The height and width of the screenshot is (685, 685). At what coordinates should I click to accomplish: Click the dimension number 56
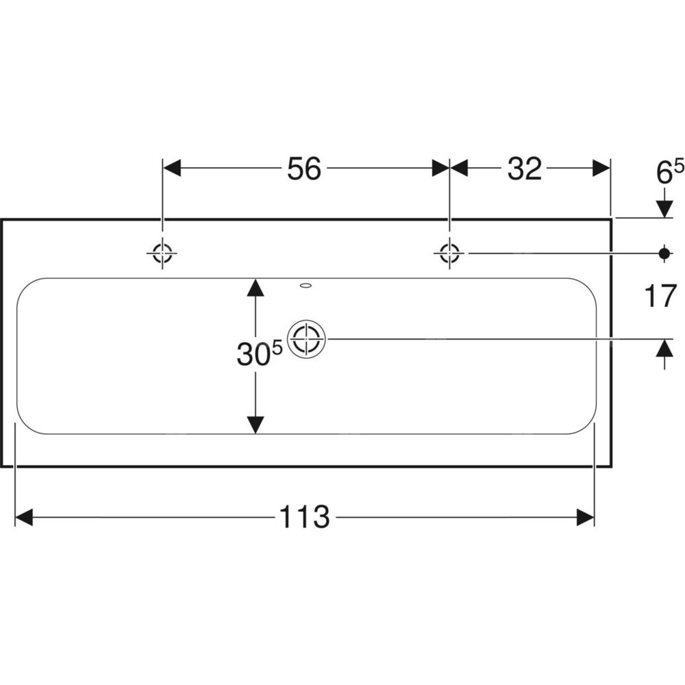point(304,169)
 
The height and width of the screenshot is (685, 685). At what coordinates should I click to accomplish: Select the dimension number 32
point(524,169)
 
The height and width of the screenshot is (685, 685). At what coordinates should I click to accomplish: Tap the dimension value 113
point(304,517)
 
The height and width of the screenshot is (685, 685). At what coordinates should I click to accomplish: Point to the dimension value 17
point(660,297)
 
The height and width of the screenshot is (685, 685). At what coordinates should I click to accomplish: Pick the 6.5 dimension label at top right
point(669,172)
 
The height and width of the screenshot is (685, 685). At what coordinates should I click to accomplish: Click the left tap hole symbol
point(162,253)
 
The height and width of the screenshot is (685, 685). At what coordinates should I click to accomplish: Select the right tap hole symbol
point(449,253)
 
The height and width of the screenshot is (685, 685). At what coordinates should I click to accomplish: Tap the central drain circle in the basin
point(306,339)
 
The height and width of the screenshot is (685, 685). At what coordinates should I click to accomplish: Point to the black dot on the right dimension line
point(663,253)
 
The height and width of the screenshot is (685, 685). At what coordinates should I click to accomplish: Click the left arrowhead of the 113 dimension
point(24,517)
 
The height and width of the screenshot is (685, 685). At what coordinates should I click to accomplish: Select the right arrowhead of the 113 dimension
point(586,517)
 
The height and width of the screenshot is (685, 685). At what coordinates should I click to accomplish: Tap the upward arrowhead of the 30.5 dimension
point(256,287)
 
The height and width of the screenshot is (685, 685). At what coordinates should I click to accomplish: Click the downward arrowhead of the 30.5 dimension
point(256,425)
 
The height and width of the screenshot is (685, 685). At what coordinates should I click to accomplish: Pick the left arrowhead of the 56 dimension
point(171,169)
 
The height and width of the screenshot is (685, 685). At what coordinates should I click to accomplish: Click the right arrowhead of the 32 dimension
point(601,169)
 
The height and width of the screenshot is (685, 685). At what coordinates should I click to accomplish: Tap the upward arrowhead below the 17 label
point(663,349)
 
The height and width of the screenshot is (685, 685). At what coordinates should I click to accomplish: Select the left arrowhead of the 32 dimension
point(458,169)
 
